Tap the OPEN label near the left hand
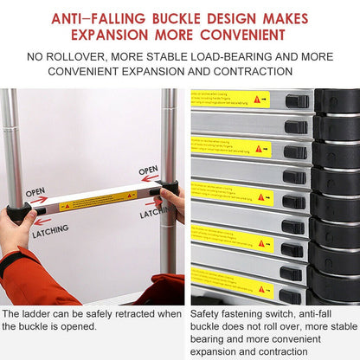(35, 192)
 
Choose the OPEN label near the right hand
(148, 170)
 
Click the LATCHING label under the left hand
(50, 233)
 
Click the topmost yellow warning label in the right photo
(230, 99)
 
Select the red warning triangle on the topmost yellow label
(257, 100)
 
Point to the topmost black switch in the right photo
(296, 101)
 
